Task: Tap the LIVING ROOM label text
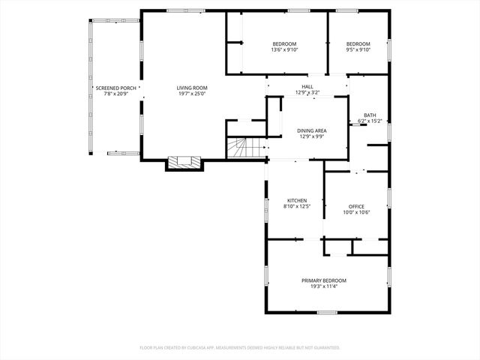[192, 88]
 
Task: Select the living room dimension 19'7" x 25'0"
[192, 94]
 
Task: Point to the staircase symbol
[239, 148]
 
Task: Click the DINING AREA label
[310, 130]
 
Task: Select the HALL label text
[307, 87]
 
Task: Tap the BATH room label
[370, 115]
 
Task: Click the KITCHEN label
[297, 200]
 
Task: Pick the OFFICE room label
[356, 206]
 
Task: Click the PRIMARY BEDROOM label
[324, 280]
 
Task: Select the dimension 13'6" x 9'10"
[284, 50]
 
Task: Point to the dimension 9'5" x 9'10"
[358, 50]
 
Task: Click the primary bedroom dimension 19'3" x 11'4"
[324, 286]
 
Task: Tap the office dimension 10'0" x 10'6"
[356, 213]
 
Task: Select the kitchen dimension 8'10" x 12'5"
[297, 207]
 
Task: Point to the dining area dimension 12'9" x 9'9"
[310, 136]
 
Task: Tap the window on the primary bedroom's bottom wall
[326, 312]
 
